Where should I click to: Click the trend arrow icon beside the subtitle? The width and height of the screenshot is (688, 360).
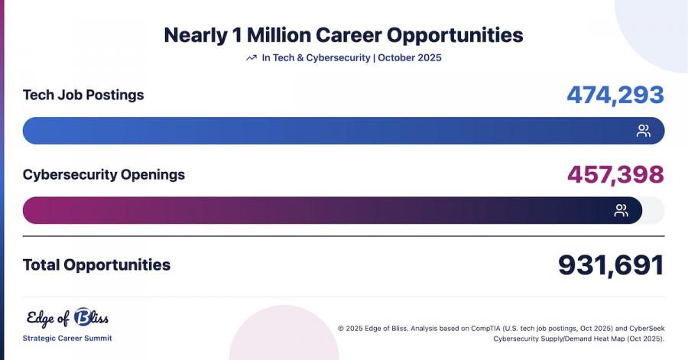click(x=252, y=58)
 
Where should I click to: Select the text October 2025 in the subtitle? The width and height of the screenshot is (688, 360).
click(x=410, y=58)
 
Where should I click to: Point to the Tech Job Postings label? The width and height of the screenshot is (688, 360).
click(x=83, y=95)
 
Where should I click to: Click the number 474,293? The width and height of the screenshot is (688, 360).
click(x=615, y=95)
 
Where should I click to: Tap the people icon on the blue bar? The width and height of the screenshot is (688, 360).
click(x=644, y=131)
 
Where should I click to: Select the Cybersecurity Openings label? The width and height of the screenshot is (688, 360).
click(x=103, y=174)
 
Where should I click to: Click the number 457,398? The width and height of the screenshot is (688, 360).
click(x=615, y=174)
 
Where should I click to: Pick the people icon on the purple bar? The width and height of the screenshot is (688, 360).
click(x=621, y=210)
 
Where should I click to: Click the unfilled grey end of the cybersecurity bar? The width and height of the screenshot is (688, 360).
click(x=654, y=210)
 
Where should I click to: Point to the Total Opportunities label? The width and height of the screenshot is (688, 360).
click(x=96, y=265)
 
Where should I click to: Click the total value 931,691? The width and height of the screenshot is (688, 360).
click(x=612, y=265)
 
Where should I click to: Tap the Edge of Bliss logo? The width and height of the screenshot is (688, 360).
click(x=67, y=317)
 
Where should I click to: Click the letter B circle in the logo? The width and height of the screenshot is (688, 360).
click(x=83, y=317)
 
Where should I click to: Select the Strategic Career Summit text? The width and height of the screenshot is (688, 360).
click(x=67, y=338)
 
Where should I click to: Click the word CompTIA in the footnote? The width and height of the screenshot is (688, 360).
click(x=485, y=329)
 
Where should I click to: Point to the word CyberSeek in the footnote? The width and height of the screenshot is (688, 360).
click(x=647, y=329)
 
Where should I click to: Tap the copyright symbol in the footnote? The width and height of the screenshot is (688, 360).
click(x=341, y=329)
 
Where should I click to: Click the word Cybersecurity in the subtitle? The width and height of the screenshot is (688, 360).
click(x=338, y=58)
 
